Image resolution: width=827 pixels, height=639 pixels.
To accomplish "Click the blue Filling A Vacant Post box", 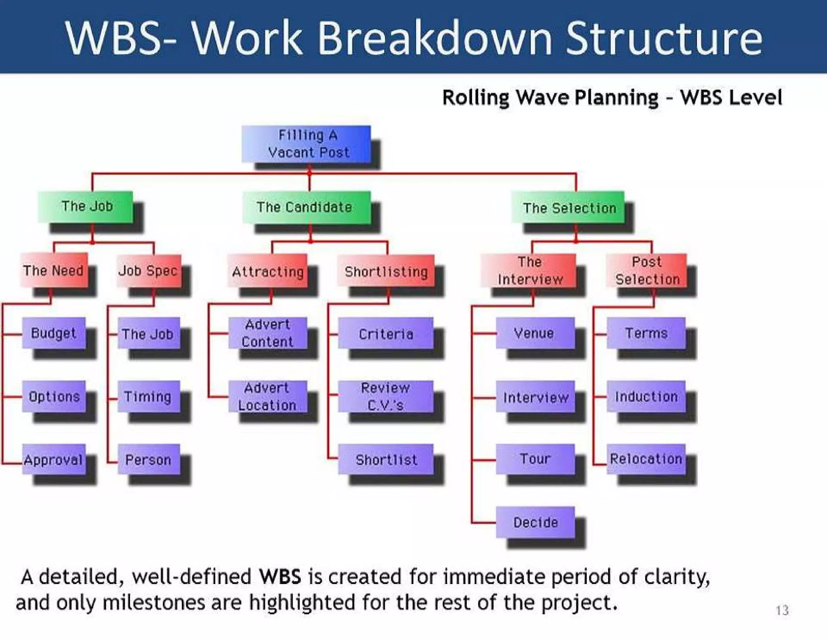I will pos(306,144).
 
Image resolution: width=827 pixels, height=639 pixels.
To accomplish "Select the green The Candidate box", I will pos(306,207).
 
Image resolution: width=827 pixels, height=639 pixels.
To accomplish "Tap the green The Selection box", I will pos(568,208).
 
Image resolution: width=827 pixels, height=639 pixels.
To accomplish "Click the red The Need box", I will pos(54,270).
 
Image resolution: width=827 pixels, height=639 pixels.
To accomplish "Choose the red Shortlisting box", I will pos(386,271).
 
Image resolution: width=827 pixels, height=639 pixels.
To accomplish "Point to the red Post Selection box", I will pos(646,270).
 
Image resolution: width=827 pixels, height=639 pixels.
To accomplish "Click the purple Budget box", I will pos(54,333).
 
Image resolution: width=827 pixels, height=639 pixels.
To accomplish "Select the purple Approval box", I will pos(54,460).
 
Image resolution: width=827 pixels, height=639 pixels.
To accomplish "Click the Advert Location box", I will pos(267,397).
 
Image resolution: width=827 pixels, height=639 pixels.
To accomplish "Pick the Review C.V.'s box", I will pos(386,397).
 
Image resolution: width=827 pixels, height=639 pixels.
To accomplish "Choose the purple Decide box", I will pos(535,522).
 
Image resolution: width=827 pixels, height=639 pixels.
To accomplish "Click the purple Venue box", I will pos(535,333).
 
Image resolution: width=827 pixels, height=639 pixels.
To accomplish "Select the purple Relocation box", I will pos(646,459).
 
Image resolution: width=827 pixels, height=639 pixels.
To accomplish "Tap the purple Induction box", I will pos(646,397).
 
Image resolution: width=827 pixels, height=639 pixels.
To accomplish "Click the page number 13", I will pos(782,610).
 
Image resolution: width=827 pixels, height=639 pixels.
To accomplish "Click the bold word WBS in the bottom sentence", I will pos(280,576).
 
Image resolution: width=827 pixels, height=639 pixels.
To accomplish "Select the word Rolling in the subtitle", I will pos(476,98).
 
